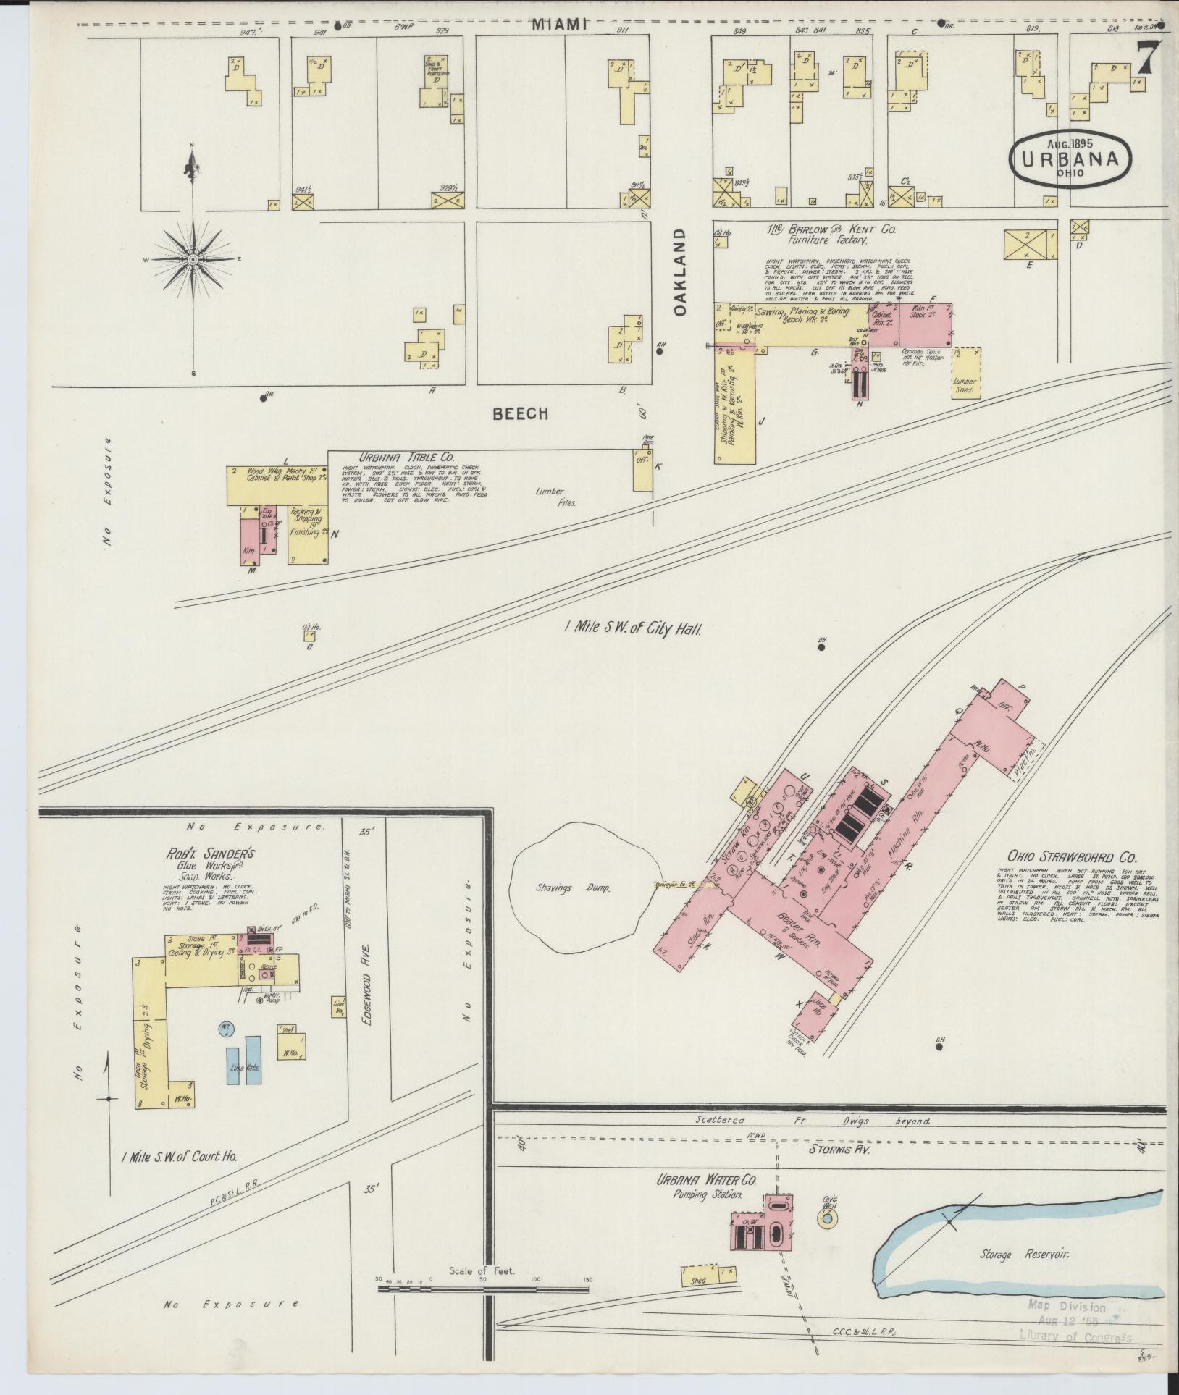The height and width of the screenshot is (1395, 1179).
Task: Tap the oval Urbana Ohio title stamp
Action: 1070,159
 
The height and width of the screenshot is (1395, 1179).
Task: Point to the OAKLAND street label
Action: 679,271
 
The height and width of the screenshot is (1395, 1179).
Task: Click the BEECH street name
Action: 521,413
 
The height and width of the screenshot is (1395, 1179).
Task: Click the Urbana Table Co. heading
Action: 407,457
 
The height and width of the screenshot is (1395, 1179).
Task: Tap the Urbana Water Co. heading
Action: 707,1180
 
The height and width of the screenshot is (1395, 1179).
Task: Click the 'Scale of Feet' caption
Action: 482,1291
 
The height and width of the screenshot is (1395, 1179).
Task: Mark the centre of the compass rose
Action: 193,258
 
